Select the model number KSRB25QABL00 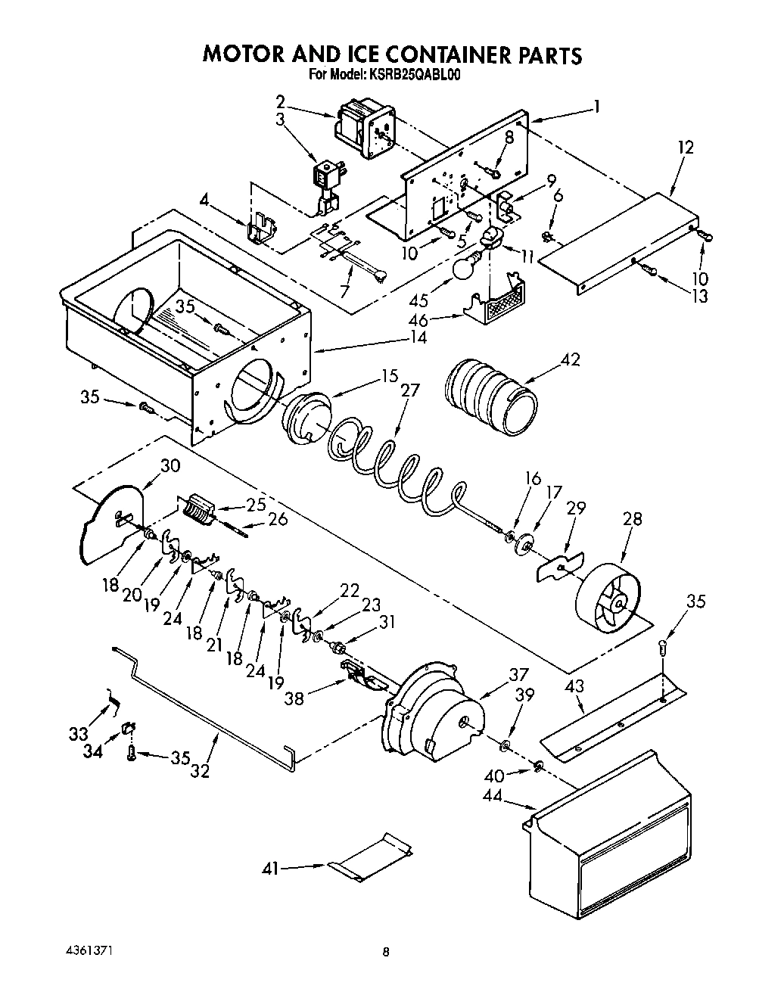coord(415,74)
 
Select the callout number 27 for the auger coord(409,390)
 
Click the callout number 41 coord(269,869)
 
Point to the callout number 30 coord(170,465)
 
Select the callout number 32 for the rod coord(201,772)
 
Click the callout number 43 coord(576,686)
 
